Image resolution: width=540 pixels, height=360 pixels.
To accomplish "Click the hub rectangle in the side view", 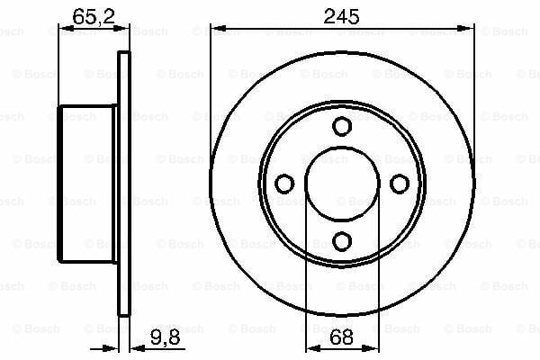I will (88, 184).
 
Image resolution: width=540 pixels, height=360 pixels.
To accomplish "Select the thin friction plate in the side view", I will (124, 184).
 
